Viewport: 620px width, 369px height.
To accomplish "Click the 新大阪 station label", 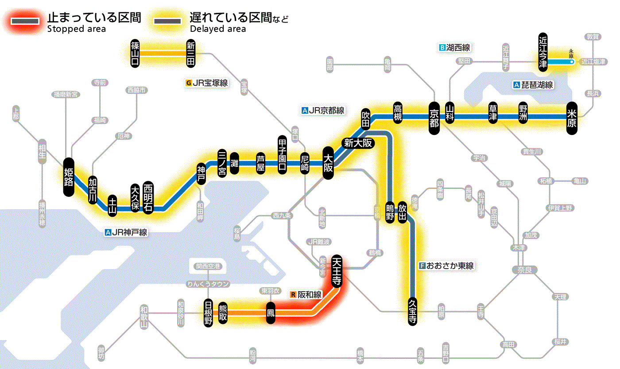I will coord(358,143).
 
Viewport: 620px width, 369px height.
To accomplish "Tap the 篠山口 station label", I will coord(135,53).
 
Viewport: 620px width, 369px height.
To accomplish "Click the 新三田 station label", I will coord(191,53).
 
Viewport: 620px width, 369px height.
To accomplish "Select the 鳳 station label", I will coord(270,313).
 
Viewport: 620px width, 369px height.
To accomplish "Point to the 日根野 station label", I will coord(208,313).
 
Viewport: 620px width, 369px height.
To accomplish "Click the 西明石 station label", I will coord(148,197).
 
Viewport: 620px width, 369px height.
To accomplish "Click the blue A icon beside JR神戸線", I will coord(108,232).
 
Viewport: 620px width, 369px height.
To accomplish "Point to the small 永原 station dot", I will coord(572,62).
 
